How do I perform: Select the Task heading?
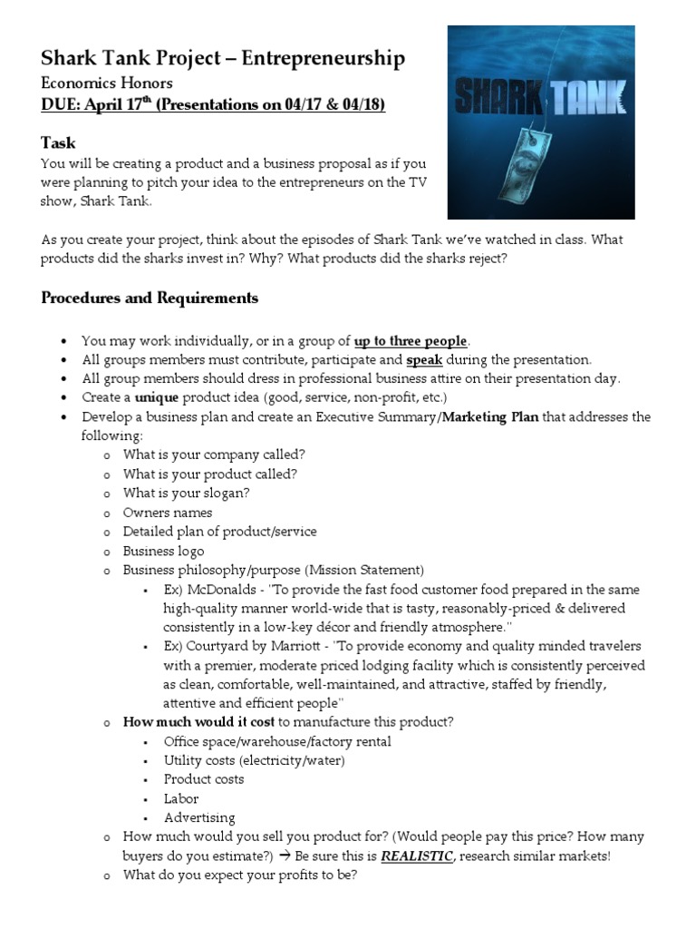58,142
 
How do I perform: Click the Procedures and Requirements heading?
150,298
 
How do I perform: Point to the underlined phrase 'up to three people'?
411,341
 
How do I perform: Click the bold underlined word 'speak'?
424,360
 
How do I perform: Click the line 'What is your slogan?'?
187,494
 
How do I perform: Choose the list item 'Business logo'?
164,551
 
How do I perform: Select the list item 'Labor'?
181,798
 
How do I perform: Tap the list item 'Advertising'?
199,817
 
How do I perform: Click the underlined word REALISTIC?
416,856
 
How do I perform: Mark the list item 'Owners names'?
168,513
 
